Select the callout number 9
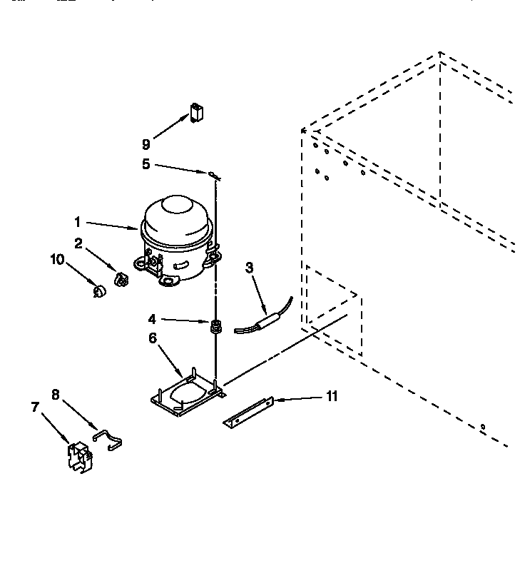tap(146, 143)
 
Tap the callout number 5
tap(146, 163)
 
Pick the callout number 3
tap(248, 268)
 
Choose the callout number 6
tap(153, 338)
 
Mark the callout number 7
tap(34, 407)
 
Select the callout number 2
tap(79, 244)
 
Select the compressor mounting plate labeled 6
tap(188, 395)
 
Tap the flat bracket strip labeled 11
tap(250, 413)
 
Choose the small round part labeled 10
tap(100, 291)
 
